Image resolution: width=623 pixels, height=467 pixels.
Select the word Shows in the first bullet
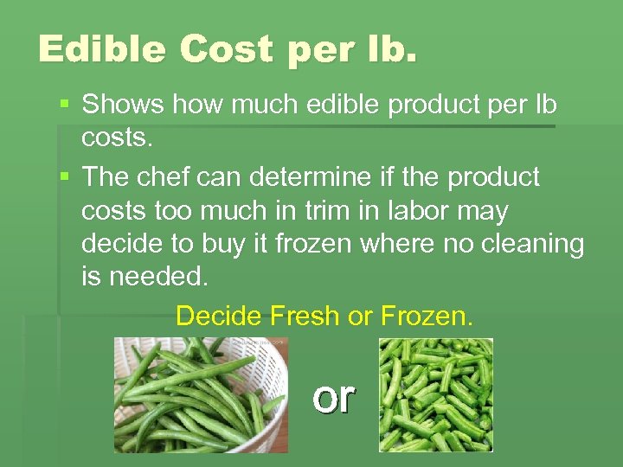pyautogui.click(x=123, y=105)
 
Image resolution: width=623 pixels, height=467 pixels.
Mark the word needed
pyautogui.click(x=156, y=278)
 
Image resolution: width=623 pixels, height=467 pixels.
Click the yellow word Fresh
pyautogui.click(x=305, y=317)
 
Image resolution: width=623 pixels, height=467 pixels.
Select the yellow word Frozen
pyautogui.click(x=426, y=317)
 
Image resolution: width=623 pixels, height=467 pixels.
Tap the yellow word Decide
pyautogui.click(x=219, y=317)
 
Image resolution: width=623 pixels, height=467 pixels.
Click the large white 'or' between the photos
pyautogui.click(x=334, y=396)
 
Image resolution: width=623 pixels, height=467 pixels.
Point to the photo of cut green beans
pyautogui.click(x=436, y=394)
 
